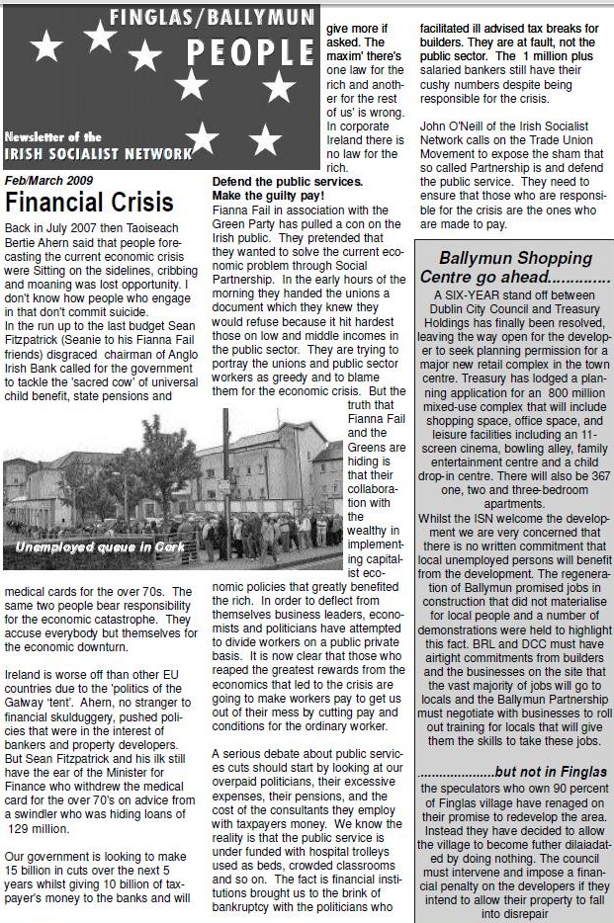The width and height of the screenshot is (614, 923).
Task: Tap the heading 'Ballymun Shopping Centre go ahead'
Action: click(514, 267)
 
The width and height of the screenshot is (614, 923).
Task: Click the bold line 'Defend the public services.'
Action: click(288, 182)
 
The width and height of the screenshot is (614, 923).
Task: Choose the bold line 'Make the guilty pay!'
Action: click(269, 196)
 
